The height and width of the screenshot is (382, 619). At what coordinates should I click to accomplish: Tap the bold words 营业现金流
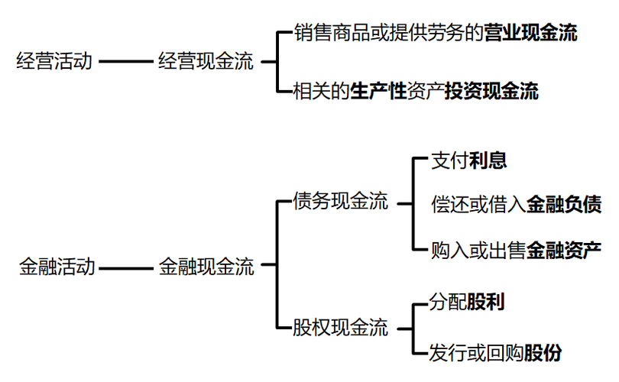click(x=530, y=34)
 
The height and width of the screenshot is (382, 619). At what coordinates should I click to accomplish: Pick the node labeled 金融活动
click(x=57, y=267)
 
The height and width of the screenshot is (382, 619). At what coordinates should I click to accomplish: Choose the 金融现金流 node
click(x=206, y=267)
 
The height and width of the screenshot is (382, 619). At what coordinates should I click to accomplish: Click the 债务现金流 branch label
click(x=341, y=202)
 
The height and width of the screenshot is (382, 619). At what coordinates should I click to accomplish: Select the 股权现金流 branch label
click(x=341, y=329)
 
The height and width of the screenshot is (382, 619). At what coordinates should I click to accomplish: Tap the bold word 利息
click(x=490, y=161)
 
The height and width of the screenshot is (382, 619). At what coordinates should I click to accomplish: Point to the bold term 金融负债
click(x=563, y=204)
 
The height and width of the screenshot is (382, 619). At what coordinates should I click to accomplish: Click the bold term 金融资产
click(x=563, y=248)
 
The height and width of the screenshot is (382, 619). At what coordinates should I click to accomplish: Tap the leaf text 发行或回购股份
click(x=496, y=353)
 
